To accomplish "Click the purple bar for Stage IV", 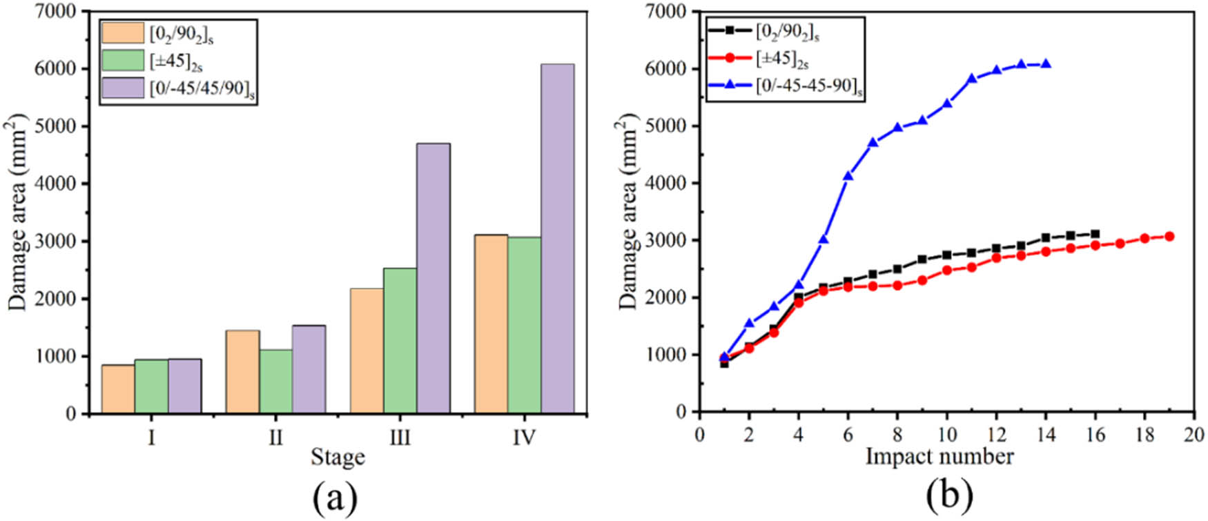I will click(557, 239).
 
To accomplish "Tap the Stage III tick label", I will click(400, 438).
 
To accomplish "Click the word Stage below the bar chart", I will click(338, 457).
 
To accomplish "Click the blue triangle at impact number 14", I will click(1046, 63).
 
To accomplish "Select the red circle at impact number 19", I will click(1169, 236).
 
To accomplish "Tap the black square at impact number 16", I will click(1095, 234).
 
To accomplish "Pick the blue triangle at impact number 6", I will click(848, 176).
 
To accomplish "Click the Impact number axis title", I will click(939, 456).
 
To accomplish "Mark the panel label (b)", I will click(948, 495).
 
